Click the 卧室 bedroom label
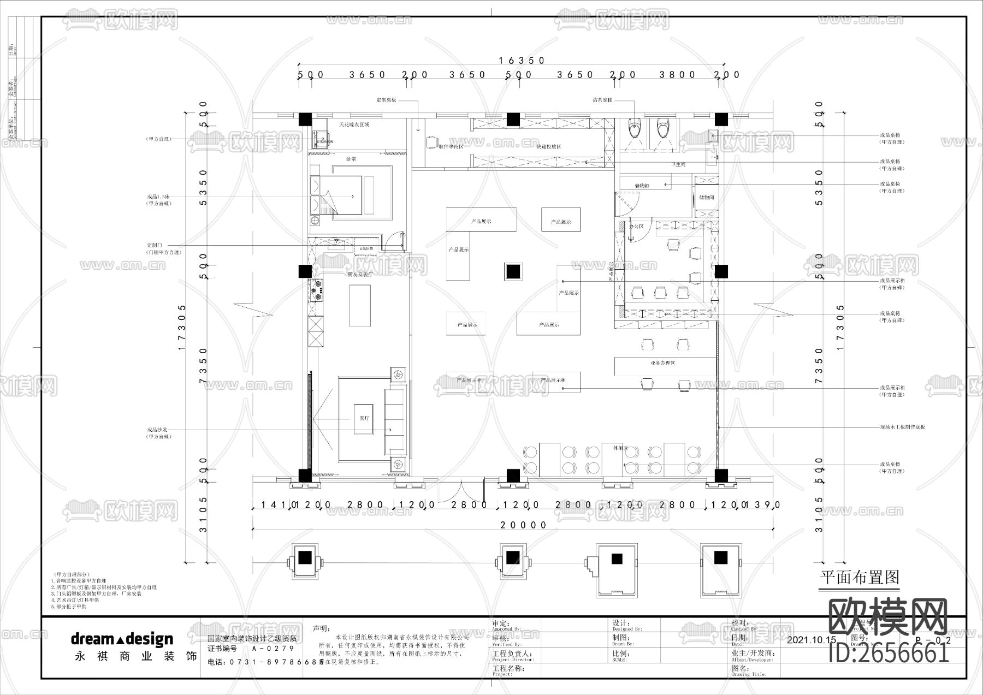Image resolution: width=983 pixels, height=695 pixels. tap(351, 159)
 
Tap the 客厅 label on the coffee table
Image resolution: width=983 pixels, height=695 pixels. tap(364, 418)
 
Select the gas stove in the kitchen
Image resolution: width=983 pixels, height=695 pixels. tap(316, 290)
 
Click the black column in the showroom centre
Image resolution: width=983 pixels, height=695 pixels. tap(513, 271)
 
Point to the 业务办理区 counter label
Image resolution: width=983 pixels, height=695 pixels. tap(662, 363)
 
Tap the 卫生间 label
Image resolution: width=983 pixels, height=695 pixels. tap(678, 164)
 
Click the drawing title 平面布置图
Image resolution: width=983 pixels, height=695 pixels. tap(860, 577)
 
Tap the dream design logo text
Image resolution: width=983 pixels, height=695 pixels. tap(122, 639)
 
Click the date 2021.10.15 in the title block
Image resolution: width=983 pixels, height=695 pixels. tap(812, 640)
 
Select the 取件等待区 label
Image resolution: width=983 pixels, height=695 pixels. tap(451, 146)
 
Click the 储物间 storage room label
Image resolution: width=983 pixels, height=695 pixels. tap(706, 198)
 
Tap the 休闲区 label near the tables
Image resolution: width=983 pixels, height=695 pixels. tap(620, 448)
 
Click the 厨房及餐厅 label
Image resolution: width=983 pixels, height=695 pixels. tap(359, 275)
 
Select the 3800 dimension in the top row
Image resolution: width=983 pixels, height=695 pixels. tap(677, 75)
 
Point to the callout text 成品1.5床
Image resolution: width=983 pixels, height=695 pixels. tap(159, 197)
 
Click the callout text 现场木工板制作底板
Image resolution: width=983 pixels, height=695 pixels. tap(902, 427)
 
